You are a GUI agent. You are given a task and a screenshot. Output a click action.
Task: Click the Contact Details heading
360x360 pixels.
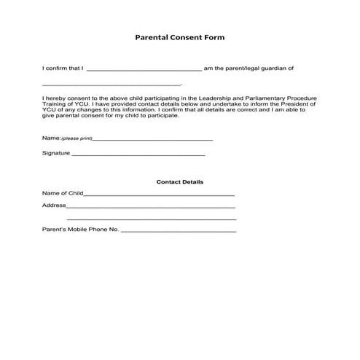[x=179, y=181]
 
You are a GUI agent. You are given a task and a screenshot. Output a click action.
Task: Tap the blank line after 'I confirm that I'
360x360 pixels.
[x=144, y=70]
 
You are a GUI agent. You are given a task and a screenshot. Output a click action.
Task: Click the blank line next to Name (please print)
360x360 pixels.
[x=153, y=138]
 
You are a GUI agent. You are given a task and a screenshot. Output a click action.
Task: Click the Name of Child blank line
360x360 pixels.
[x=160, y=195]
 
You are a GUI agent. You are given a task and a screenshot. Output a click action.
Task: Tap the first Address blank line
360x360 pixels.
[x=151, y=207]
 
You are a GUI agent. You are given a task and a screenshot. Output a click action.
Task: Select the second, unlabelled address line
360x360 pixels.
[x=152, y=219]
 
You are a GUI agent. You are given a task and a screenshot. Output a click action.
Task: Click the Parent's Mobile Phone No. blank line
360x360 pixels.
[x=179, y=231]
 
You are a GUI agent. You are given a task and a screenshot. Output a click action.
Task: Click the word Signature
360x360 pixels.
[x=56, y=153]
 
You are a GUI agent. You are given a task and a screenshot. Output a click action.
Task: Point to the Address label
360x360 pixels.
[x=54, y=206]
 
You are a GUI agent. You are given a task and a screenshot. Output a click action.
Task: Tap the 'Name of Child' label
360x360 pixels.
[x=63, y=194]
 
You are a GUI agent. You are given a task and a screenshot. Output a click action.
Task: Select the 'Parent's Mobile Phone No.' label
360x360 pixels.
[x=80, y=230]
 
